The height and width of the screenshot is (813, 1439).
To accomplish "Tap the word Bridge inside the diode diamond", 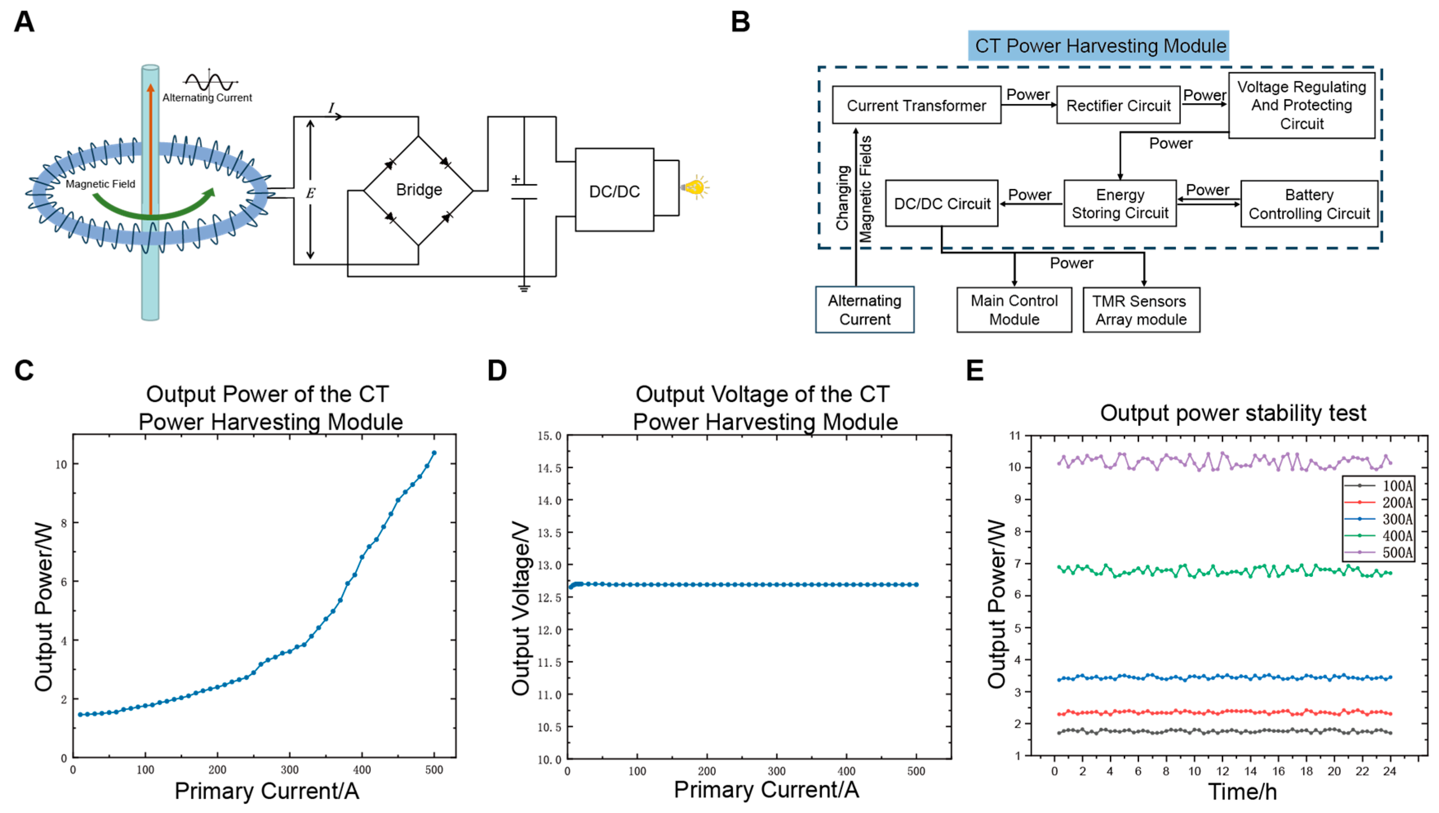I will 418,190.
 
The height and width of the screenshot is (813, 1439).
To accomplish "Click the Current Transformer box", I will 916,105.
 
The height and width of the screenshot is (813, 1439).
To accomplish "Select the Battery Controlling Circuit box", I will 1309,204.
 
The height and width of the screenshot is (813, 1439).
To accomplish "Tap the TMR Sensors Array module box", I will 1141,310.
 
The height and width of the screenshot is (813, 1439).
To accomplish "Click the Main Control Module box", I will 1014,310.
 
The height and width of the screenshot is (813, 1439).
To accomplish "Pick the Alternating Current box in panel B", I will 864,310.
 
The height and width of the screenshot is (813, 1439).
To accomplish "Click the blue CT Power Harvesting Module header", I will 1098,46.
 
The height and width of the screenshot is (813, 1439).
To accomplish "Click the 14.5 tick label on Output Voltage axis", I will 549,467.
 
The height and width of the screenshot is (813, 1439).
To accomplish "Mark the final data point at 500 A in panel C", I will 434,453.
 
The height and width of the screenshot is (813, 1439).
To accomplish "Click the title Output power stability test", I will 1233,413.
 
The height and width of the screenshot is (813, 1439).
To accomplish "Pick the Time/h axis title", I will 1242,791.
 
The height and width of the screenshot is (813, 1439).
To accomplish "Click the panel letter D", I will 497,370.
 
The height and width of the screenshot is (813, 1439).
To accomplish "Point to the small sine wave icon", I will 210,82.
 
